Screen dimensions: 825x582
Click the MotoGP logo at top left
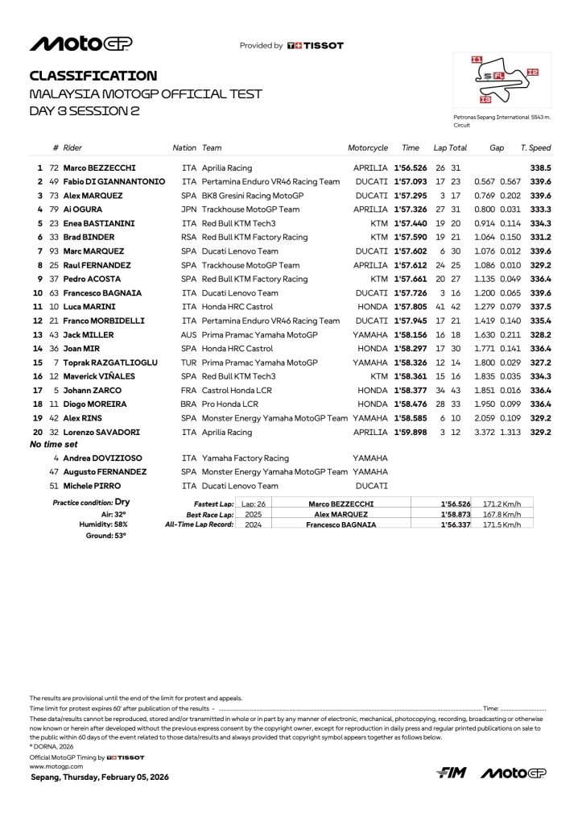[x=80, y=44]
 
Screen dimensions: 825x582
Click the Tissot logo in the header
[x=316, y=46]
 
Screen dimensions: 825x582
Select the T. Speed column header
[x=535, y=148]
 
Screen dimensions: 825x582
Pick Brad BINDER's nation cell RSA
[x=189, y=237]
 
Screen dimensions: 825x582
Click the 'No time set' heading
[x=54, y=444]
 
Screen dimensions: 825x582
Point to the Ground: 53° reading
[x=106, y=534]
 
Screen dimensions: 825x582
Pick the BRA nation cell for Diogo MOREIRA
[x=189, y=404]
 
